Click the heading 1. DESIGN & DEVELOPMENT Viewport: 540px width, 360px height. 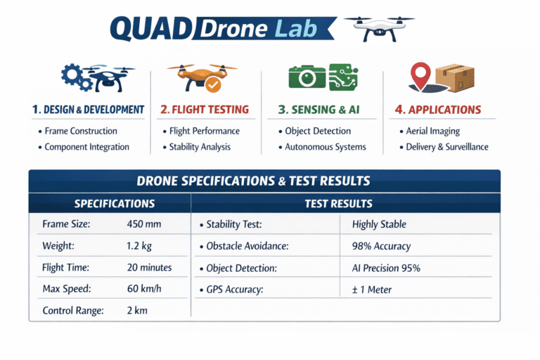click(89, 110)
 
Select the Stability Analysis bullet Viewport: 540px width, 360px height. click(200, 147)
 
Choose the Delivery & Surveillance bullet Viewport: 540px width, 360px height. click(446, 147)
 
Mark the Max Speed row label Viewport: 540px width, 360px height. click(67, 289)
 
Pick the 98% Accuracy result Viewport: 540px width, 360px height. click(381, 246)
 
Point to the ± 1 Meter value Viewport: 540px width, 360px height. click(372, 289)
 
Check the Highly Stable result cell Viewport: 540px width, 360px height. click(379, 225)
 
